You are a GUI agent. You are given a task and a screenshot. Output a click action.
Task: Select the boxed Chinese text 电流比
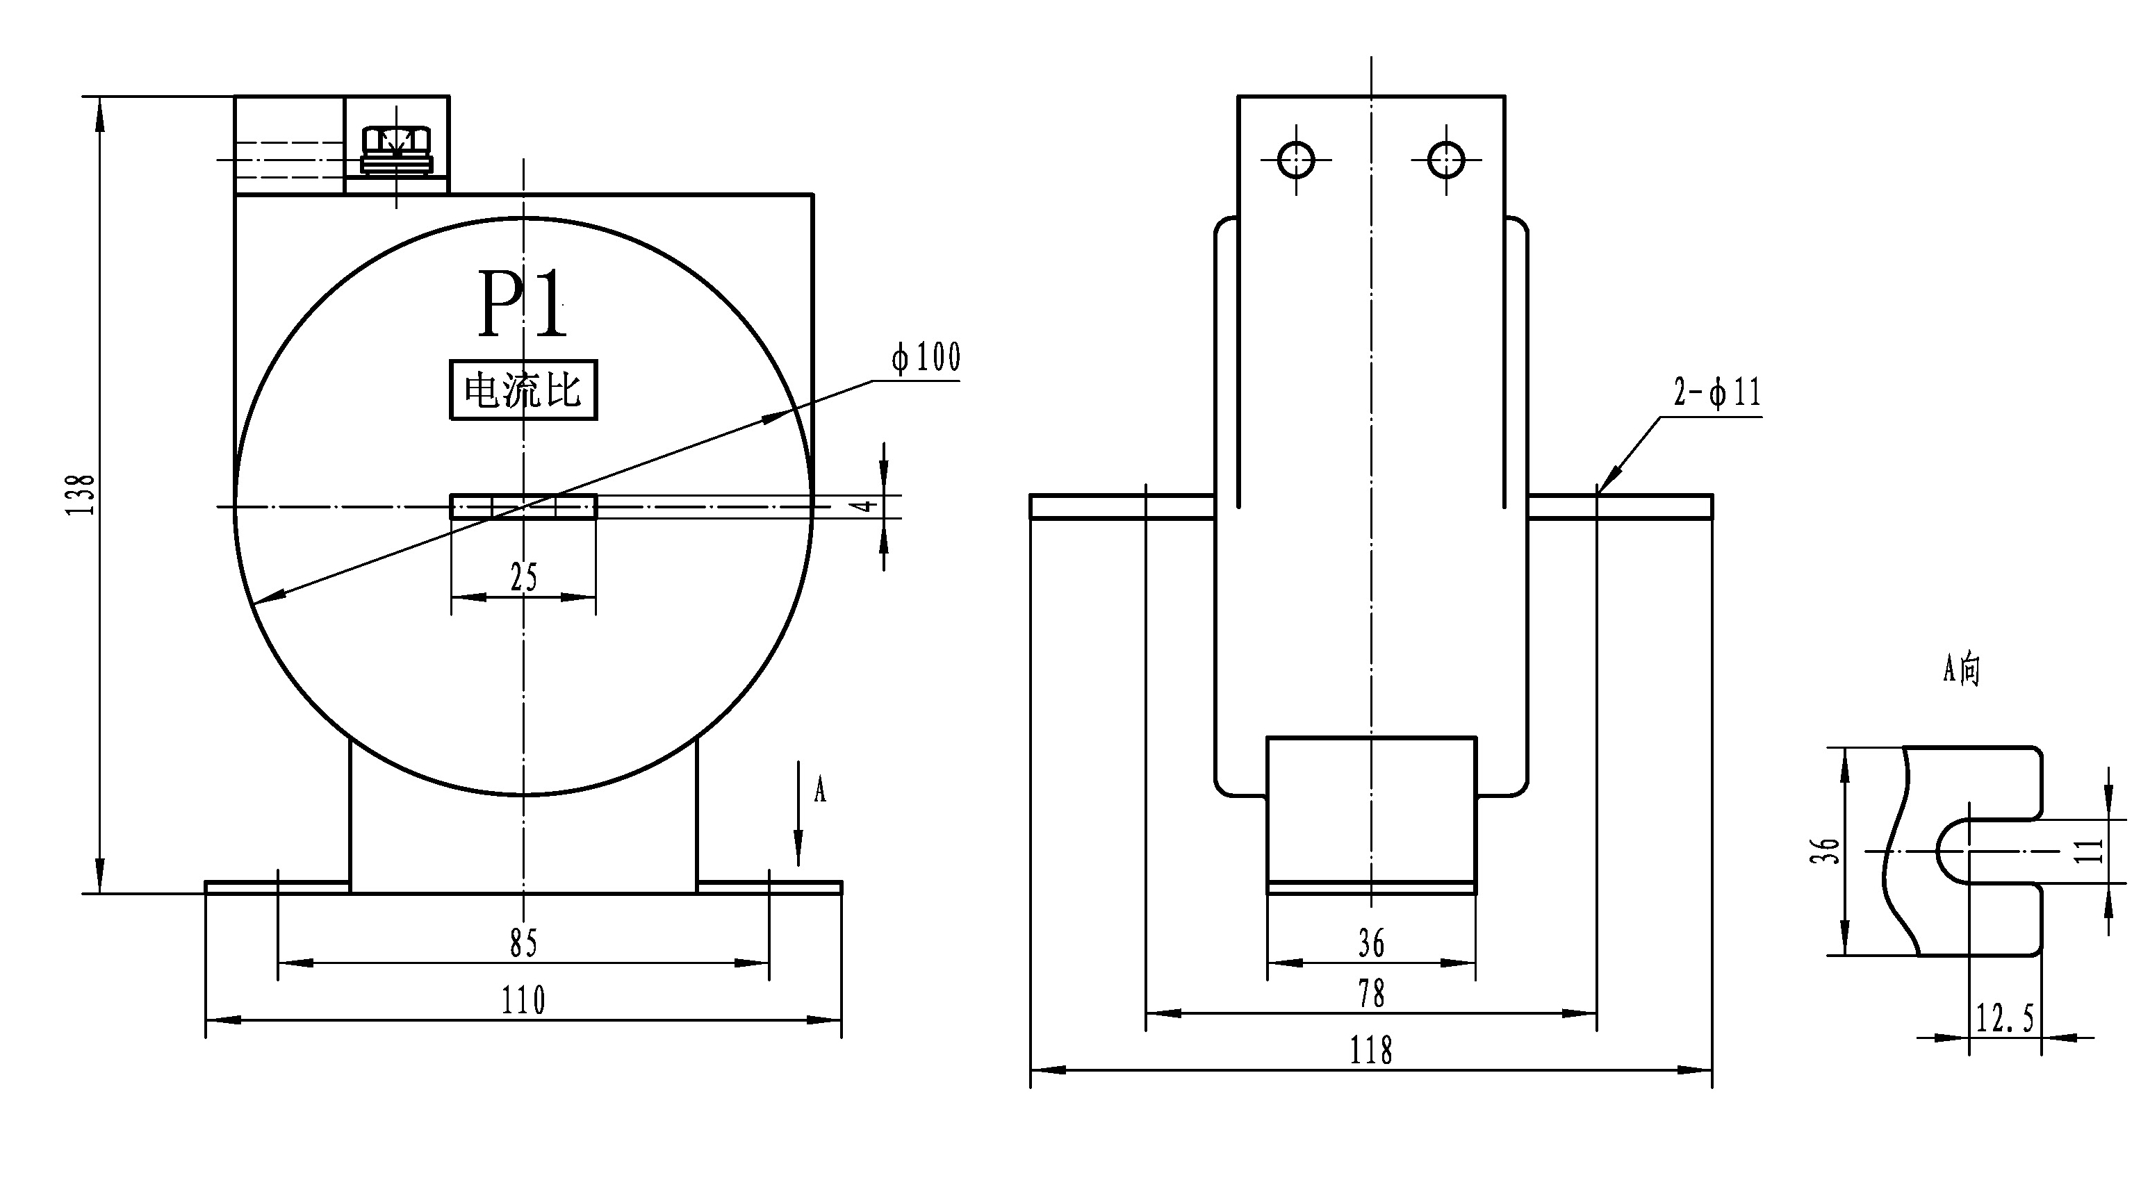[523, 390]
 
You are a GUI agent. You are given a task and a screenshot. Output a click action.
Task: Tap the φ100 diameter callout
[926, 357]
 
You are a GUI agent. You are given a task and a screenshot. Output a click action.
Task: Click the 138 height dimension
[81, 494]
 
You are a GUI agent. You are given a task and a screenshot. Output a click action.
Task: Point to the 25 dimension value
[524, 576]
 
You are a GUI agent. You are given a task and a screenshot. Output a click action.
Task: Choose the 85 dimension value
[524, 943]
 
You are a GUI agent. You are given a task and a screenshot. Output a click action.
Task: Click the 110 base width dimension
[523, 1000]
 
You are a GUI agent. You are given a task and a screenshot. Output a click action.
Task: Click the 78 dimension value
[1371, 994]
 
